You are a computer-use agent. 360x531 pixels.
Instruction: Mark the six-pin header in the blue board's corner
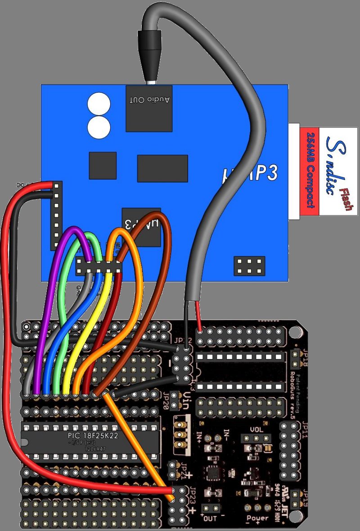click(x=249, y=266)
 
